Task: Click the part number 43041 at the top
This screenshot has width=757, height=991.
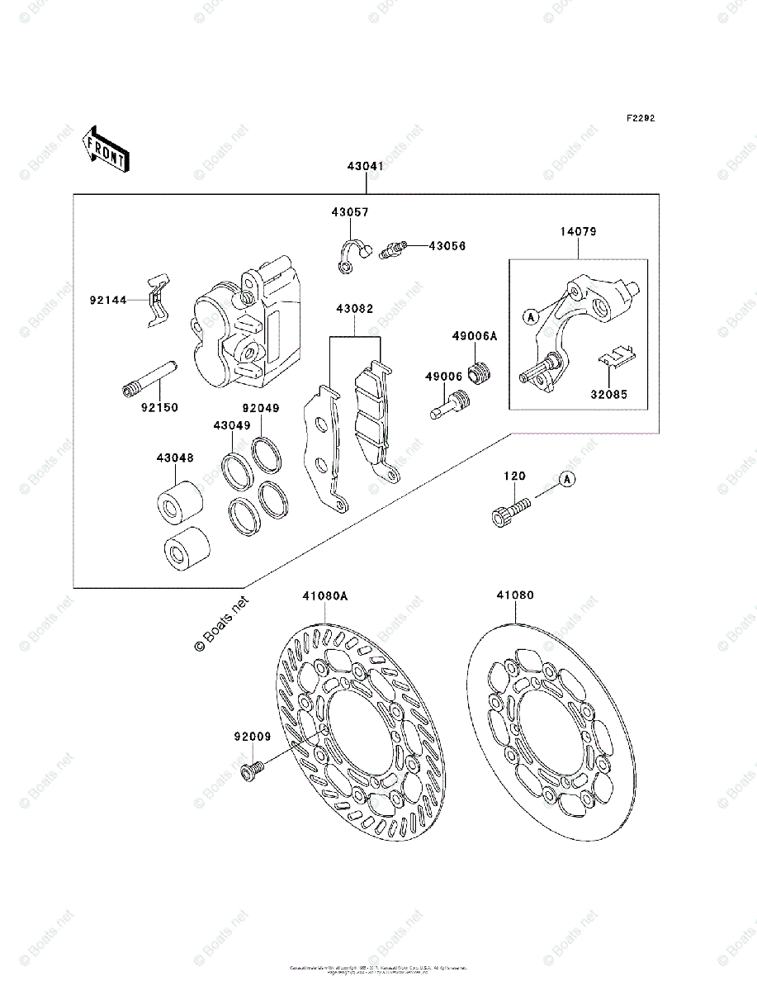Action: coord(365,166)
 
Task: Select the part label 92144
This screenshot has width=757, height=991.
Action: coord(108,300)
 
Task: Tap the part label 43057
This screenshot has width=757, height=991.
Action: coord(350,212)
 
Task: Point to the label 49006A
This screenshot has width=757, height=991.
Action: coord(475,336)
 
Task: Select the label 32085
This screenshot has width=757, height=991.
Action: coord(608,395)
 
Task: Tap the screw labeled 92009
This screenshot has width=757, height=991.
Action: coord(251,771)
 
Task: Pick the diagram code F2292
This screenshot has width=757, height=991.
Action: coord(639,118)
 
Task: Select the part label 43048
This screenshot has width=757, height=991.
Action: coord(176,457)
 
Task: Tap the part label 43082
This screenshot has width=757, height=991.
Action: coord(354,310)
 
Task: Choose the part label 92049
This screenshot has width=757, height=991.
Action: coord(260,408)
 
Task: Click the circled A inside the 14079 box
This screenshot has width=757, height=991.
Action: coord(529,315)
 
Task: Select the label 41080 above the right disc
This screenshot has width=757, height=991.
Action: coord(515,595)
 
